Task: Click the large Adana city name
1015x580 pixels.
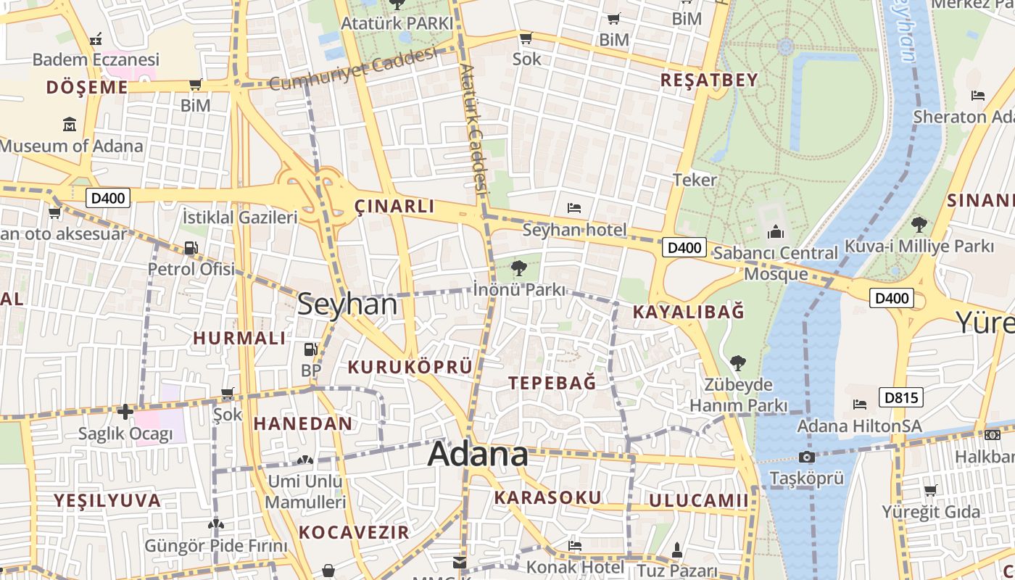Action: coord(478,455)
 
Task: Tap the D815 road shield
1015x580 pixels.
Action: coord(901,397)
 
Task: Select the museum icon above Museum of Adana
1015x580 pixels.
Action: coord(70,125)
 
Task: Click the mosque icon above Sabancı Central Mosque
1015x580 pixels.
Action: coord(776,232)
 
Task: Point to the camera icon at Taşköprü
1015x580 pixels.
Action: coord(806,457)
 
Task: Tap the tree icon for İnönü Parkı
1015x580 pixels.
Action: coord(518,269)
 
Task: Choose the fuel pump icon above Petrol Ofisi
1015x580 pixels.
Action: coord(191,248)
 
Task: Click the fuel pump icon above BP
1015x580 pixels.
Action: coord(310,349)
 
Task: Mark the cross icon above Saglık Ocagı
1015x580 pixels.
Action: coord(125,412)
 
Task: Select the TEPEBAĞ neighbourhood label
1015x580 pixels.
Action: coord(552,383)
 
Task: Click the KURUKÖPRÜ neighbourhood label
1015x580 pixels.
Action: coord(410,367)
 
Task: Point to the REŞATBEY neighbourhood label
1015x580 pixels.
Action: coord(708,80)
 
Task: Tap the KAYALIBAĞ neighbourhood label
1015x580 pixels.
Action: coord(688,312)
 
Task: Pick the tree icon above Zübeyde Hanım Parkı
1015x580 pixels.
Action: coord(738,362)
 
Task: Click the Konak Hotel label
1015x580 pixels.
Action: coord(576,566)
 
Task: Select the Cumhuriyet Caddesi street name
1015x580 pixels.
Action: coord(353,70)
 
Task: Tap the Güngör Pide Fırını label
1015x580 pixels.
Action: coord(216,546)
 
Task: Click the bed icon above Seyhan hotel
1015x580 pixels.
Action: coord(574,208)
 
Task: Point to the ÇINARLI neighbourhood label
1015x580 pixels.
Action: coord(394,207)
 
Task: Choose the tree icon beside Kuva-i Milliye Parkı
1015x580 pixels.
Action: coord(919,224)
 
